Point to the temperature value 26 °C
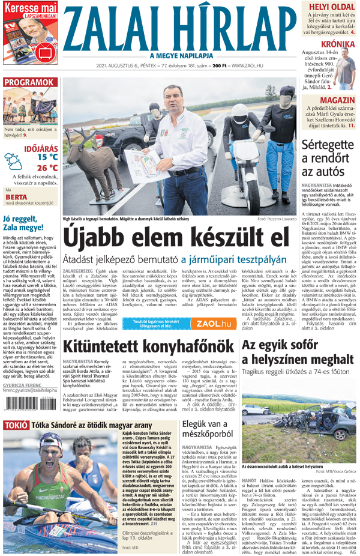47,168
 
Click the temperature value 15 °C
47,157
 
